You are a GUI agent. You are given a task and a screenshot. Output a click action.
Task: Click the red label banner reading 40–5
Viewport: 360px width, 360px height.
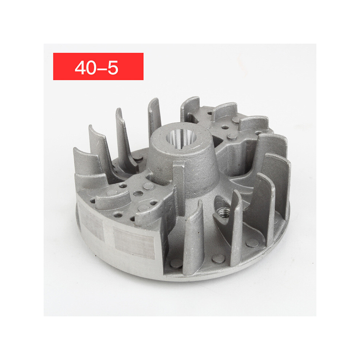coord(98,66)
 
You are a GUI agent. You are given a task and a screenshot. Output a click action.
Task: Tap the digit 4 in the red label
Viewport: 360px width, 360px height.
coord(80,68)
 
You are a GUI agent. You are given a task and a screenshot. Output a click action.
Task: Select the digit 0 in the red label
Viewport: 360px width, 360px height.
coord(91,68)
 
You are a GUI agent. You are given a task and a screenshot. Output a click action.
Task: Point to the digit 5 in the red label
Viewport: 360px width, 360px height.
coord(113,68)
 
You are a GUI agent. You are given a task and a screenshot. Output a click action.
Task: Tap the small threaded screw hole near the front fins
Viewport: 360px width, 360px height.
coord(222,212)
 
